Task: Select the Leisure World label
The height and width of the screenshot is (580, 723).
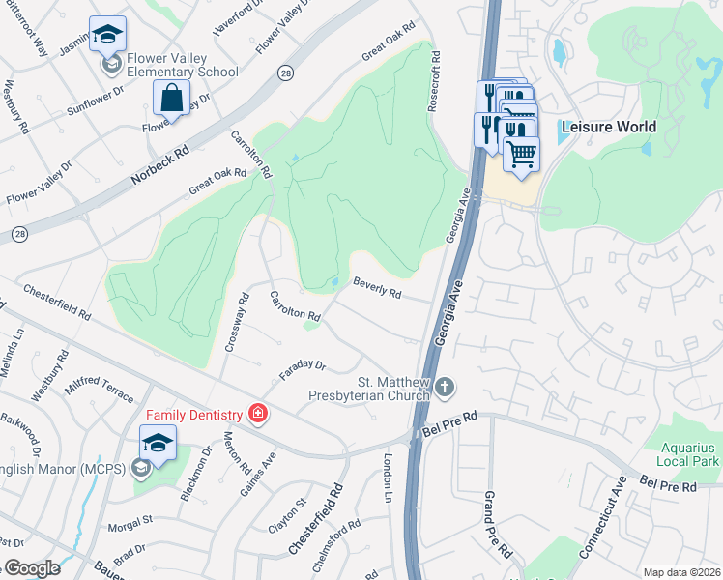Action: (608, 127)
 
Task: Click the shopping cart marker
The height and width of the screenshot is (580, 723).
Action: (521, 154)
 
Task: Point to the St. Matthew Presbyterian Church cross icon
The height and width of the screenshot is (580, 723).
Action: (445, 388)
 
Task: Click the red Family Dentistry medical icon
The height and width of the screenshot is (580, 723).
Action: (257, 415)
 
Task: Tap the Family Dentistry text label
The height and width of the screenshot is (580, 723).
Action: (193, 415)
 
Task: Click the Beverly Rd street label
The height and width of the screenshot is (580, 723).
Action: (377, 287)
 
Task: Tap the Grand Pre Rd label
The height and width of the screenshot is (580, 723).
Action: (497, 525)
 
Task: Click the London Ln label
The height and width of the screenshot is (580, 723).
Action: (390, 478)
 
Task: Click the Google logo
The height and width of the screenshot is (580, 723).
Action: (31, 568)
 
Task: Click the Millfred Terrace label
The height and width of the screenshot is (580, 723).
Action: (101, 390)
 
